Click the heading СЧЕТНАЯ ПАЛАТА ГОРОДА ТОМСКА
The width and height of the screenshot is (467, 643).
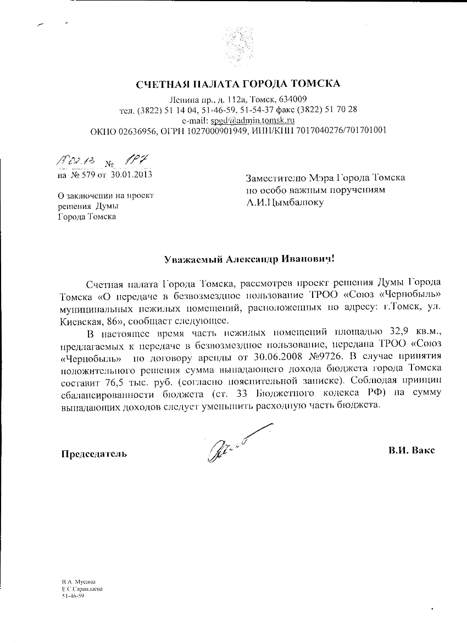(x=238, y=84)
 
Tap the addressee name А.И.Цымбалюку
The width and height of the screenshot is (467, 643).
(x=285, y=202)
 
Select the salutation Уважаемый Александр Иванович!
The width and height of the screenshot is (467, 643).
(x=249, y=258)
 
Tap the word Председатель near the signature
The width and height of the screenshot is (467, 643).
(x=93, y=453)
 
